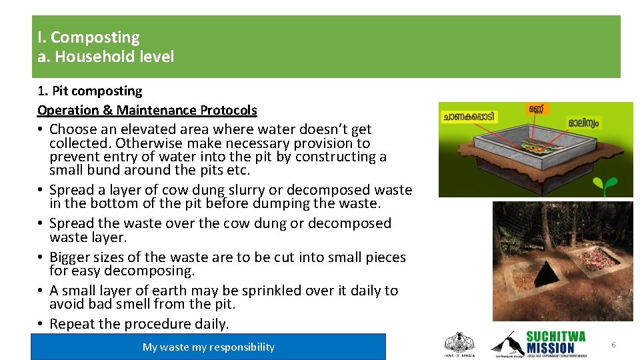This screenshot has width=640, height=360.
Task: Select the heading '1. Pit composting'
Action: pyautogui.click(x=89, y=91)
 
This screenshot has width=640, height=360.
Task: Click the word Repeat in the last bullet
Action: pyautogui.click(x=71, y=324)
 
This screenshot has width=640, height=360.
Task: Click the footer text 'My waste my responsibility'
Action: pyautogui.click(x=209, y=347)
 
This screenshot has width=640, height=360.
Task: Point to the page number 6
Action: pyautogui.click(x=613, y=345)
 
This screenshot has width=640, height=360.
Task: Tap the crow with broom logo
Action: pyautogui.click(x=506, y=343)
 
